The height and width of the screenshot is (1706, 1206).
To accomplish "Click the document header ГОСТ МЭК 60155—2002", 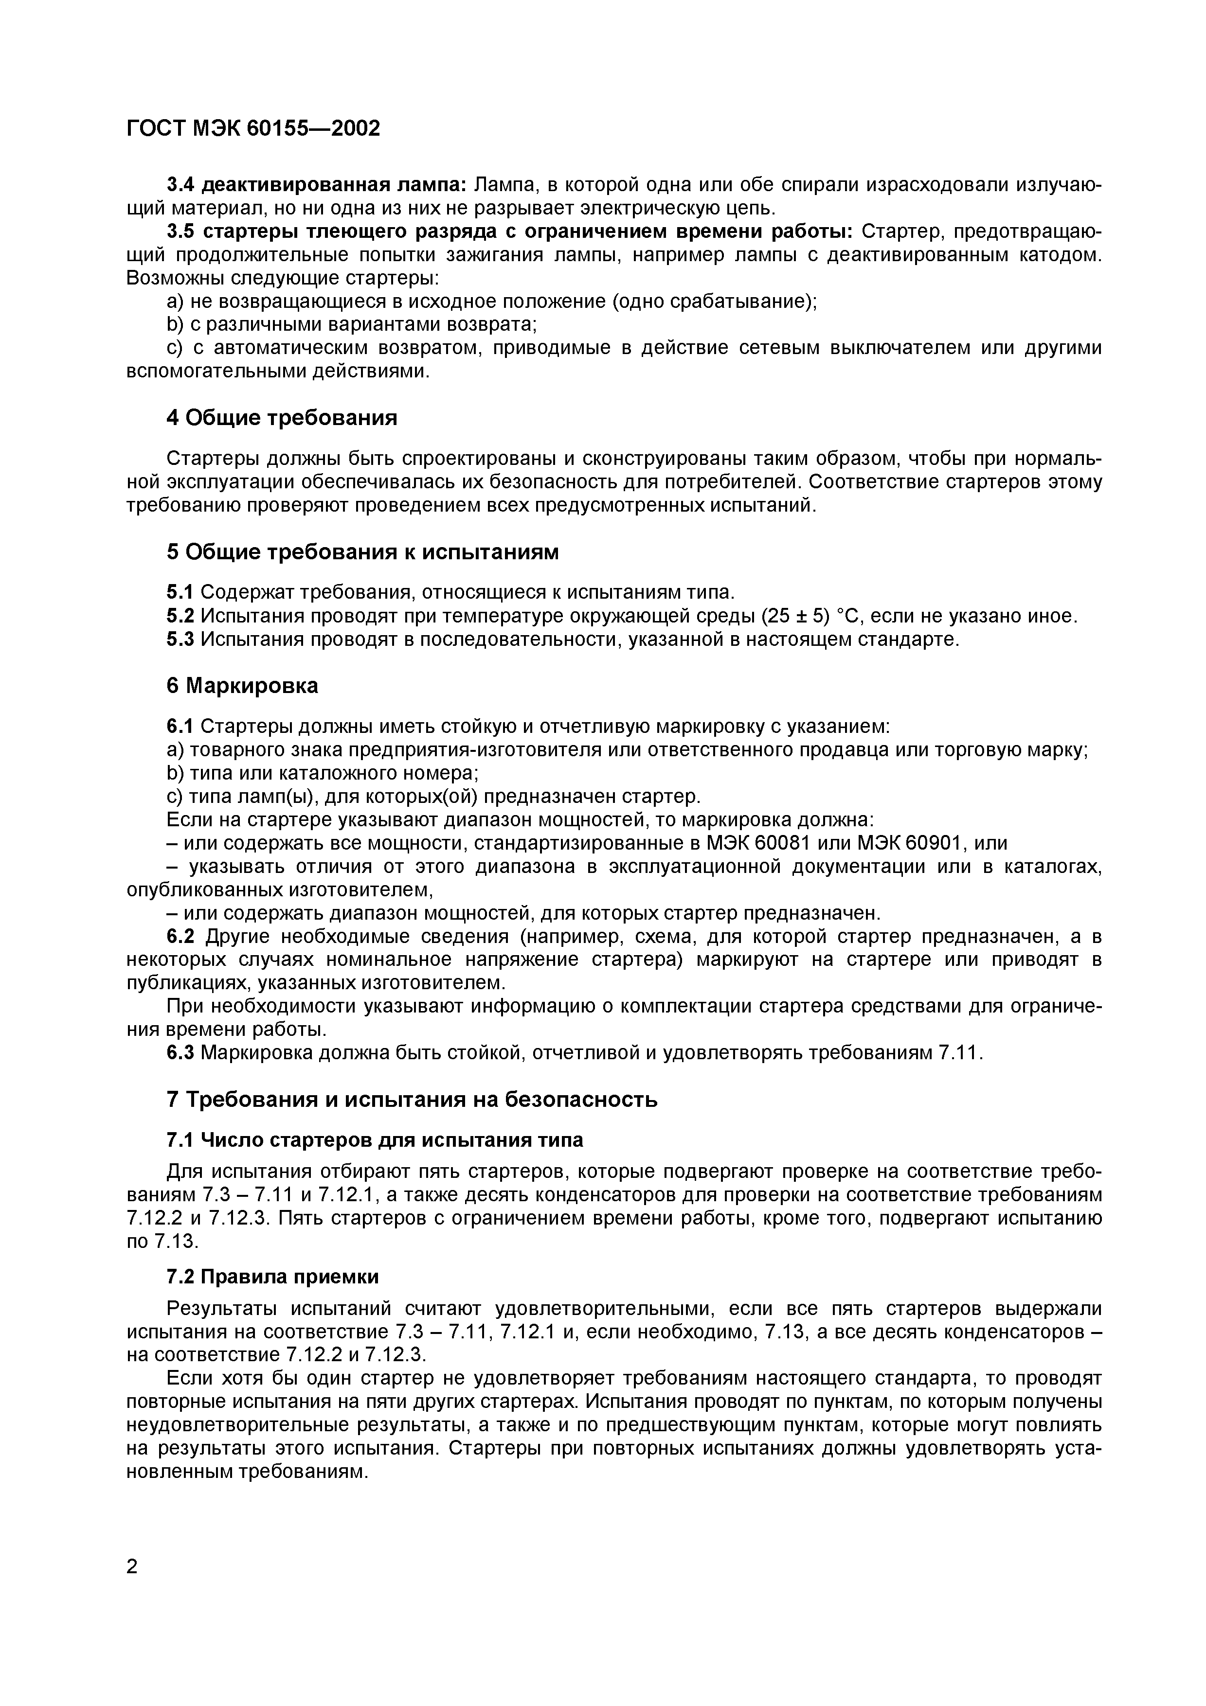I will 253,128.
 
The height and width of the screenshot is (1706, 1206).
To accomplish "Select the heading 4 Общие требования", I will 282,418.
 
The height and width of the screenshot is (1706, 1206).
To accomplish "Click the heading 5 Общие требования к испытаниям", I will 362,552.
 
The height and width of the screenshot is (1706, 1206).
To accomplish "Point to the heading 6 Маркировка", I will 242,685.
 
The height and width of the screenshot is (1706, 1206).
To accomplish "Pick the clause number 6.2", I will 180,936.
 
